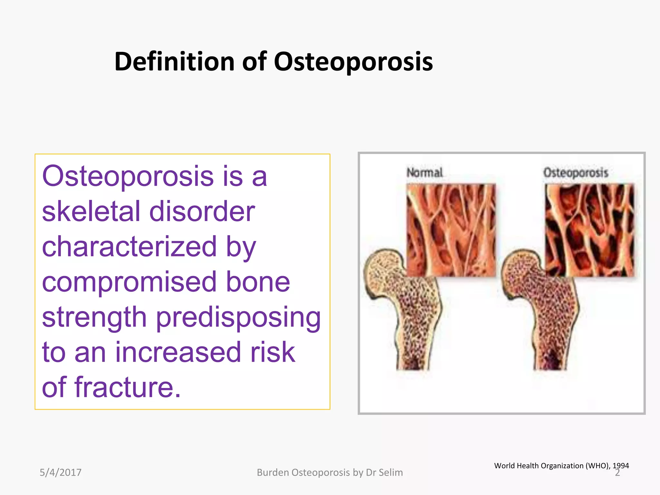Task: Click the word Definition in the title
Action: click(x=174, y=62)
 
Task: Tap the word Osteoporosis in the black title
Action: click(x=353, y=62)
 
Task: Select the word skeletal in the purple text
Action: click(x=91, y=211)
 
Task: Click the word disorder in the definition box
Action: click(x=202, y=211)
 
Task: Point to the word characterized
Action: click(x=129, y=247)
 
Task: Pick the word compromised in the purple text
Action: click(x=129, y=282)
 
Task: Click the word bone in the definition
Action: click(x=258, y=282)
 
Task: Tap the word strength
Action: click(x=94, y=317)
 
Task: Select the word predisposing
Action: click(x=238, y=317)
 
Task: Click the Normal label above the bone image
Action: click(x=424, y=173)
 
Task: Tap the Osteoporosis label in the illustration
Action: click(x=576, y=173)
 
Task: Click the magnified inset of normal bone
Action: click(x=451, y=230)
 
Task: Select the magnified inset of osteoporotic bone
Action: click(x=589, y=230)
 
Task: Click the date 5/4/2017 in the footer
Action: click(x=61, y=472)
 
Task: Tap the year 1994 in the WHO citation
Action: click(x=621, y=466)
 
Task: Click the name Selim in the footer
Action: click(x=391, y=472)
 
